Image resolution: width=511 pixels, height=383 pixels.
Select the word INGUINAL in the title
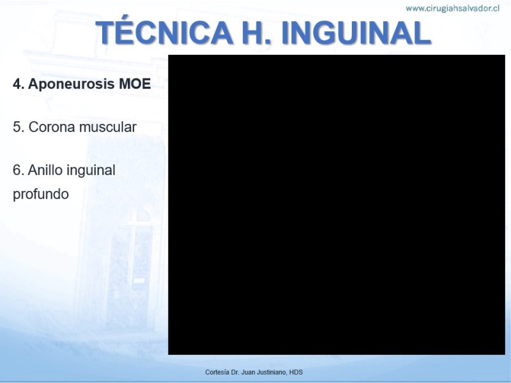[x=356, y=33]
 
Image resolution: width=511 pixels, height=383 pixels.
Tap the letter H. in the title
[x=257, y=33]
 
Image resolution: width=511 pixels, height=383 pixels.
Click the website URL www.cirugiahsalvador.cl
[x=452, y=8]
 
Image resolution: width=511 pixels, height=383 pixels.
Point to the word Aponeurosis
[x=72, y=84]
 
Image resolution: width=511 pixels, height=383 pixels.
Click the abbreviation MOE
[x=135, y=84]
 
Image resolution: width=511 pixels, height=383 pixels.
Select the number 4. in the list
[x=19, y=84]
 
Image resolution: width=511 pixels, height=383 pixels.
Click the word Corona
[x=52, y=127]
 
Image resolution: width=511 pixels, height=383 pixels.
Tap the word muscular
[x=108, y=127]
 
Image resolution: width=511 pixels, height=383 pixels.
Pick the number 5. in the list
[x=19, y=127]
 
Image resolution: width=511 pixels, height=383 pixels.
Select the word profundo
[x=41, y=194]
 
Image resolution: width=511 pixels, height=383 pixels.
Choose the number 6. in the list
[x=19, y=170]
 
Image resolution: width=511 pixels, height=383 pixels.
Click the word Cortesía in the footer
[x=217, y=372]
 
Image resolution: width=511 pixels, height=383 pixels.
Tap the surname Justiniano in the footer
[x=271, y=372]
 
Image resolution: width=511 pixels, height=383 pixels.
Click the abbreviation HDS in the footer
[x=296, y=372]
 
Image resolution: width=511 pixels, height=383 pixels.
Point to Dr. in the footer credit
[x=235, y=372]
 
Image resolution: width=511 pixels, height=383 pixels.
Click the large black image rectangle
[x=337, y=204]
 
